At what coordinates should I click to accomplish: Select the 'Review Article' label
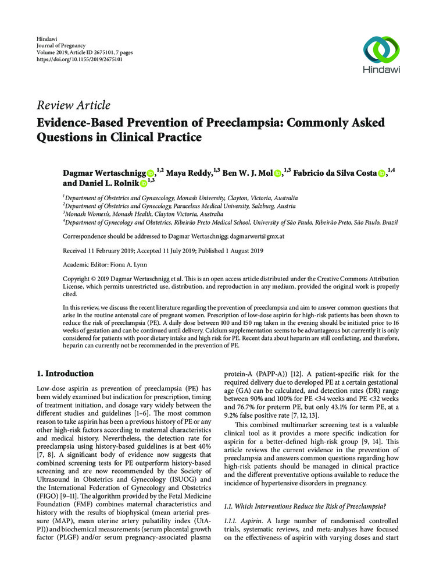click(x=73, y=105)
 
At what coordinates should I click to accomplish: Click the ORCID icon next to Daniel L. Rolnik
click(x=144, y=184)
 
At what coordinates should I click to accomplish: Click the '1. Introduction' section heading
click(x=69, y=374)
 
